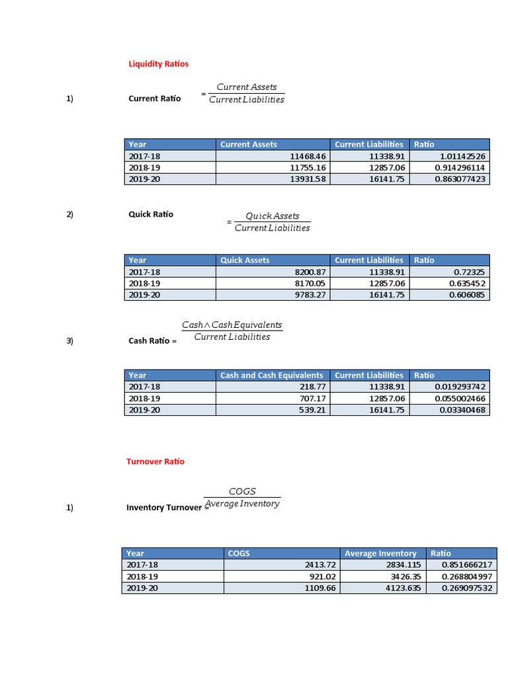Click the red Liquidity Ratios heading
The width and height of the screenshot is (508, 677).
pos(158,63)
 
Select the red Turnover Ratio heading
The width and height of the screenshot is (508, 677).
pos(155,461)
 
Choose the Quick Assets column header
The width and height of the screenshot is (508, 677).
pos(245,260)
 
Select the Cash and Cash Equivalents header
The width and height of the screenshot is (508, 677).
pos(271,375)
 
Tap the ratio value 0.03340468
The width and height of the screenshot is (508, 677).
pos(462,410)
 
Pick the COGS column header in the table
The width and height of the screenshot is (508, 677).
pos(239,553)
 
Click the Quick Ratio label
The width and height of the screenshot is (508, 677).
pos(151,214)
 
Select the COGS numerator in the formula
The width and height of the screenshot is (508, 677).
pos(242,491)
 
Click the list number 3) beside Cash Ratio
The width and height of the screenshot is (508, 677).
pos(69,340)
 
